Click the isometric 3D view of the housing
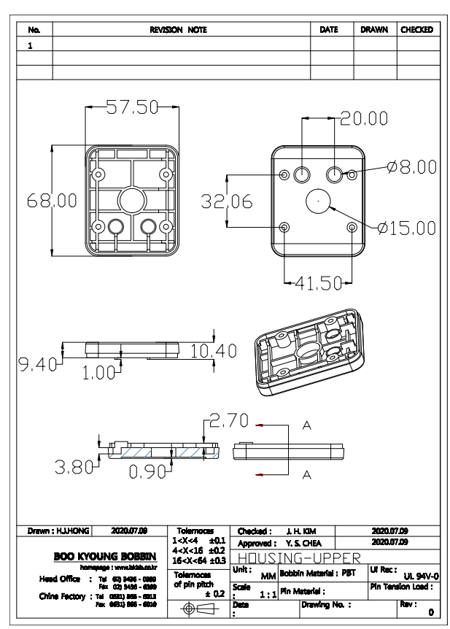pyautogui.click(x=309, y=347)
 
